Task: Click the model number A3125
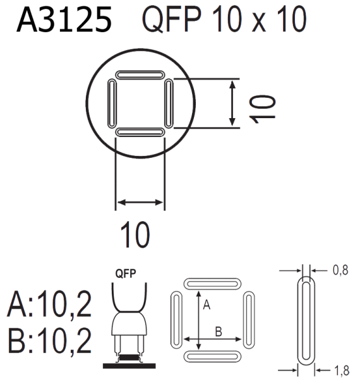click(x=64, y=20)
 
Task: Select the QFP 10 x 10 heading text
click(x=224, y=19)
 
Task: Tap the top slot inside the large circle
click(x=140, y=75)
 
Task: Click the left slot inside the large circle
click(x=112, y=103)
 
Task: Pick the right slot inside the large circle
click(x=169, y=104)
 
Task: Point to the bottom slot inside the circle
click(x=140, y=132)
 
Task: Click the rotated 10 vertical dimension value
click(x=262, y=109)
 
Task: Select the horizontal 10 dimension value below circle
click(x=135, y=235)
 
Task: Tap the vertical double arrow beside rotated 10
click(x=232, y=103)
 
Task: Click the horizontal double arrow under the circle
click(x=140, y=202)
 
